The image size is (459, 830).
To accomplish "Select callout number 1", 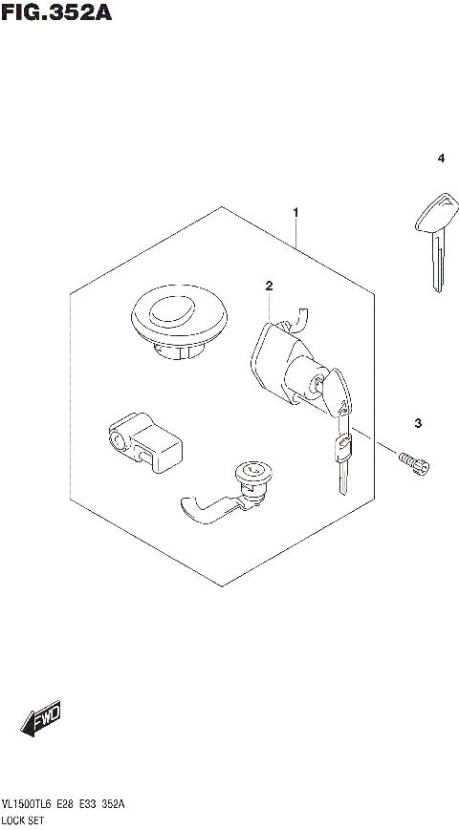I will click(x=296, y=212).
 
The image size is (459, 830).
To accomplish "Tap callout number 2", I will click(x=270, y=286).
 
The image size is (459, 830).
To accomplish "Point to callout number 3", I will click(x=418, y=423).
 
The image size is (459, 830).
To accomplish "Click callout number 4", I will click(x=441, y=159).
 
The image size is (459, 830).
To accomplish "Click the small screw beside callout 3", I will click(x=413, y=463).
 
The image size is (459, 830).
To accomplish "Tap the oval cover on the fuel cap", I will click(x=174, y=310).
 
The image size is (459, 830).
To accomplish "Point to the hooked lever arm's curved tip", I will click(x=188, y=510).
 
